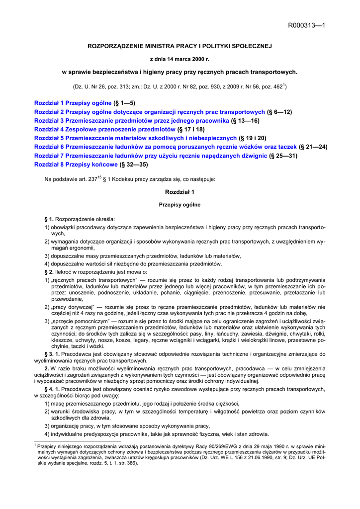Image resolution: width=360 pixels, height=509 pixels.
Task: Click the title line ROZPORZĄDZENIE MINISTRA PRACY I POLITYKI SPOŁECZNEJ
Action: tap(180, 46)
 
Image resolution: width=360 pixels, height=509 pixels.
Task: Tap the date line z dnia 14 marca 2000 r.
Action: tap(180, 59)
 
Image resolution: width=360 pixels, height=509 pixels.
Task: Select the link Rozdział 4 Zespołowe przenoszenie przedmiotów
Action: tap(104, 129)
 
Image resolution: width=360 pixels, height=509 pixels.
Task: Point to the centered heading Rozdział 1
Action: tap(180, 191)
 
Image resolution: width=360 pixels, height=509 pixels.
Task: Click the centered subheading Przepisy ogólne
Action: tap(180, 205)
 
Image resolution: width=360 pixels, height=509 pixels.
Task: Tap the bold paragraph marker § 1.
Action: tap(49, 219)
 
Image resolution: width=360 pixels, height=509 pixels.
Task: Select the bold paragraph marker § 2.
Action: tap(49, 272)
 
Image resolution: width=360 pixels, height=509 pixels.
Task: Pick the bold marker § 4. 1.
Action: tap(53, 389)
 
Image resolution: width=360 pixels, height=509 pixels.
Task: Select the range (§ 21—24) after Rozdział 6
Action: tap(313, 147)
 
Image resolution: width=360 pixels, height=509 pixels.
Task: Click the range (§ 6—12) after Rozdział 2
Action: tap(279, 112)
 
